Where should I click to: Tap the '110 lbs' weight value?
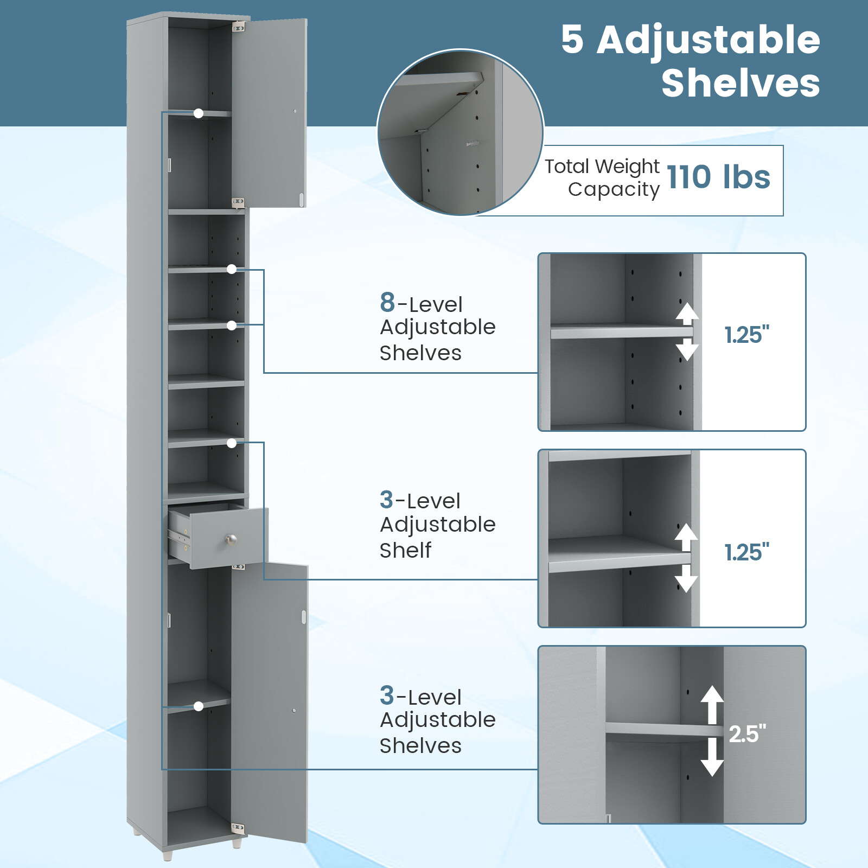(718, 177)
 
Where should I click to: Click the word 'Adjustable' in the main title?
(708, 40)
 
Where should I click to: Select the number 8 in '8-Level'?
(387, 302)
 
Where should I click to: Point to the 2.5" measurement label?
(747, 734)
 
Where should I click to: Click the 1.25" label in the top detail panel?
(747, 335)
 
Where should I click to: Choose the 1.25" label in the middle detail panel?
(747, 552)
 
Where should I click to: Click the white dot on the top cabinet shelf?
(199, 113)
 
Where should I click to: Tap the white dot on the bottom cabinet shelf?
(199, 706)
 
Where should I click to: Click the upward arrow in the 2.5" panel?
(712, 704)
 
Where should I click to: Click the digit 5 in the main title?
(572, 40)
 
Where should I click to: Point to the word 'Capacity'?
(614, 189)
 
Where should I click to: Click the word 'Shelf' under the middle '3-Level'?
(405, 550)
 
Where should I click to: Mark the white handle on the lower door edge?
(304, 617)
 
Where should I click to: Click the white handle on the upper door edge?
(302, 199)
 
